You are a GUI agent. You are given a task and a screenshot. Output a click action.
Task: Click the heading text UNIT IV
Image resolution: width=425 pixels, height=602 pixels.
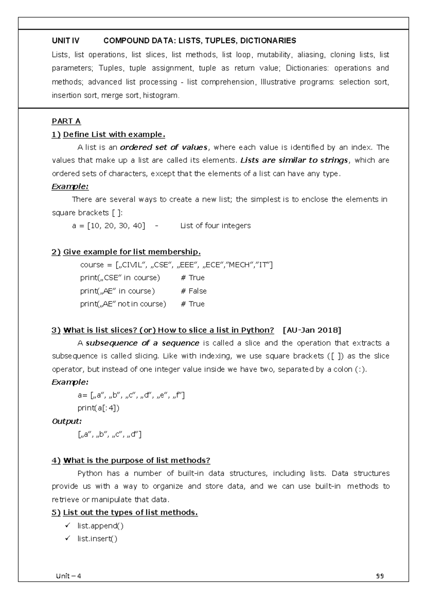point(66,41)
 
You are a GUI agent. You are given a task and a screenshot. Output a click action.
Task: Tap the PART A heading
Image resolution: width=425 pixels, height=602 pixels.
point(66,121)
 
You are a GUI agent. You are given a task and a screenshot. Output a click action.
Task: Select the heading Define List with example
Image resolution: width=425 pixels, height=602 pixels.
point(114,134)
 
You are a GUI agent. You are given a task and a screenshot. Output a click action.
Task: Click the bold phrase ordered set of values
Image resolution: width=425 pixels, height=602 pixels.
point(164,147)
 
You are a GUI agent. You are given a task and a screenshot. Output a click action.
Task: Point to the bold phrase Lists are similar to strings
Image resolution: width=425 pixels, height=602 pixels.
point(294,160)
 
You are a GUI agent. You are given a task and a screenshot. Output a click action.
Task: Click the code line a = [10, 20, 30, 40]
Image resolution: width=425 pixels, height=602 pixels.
point(108,225)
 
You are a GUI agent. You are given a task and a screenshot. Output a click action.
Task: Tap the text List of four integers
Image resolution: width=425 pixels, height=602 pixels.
point(215,225)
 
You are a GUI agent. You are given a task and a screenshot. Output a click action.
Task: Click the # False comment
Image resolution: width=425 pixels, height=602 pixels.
point(193,291)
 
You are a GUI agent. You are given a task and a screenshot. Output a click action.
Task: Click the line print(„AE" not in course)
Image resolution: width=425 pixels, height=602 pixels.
point(123,304)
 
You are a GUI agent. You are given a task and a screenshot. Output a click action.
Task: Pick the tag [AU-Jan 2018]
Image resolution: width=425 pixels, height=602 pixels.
point(312,330)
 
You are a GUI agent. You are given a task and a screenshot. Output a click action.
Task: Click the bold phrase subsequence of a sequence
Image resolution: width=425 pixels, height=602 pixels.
point(142,343)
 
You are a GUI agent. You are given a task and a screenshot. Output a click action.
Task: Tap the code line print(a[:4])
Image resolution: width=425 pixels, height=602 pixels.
point(98,408)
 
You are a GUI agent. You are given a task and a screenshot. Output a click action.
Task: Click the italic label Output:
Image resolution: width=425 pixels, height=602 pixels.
point(67,421)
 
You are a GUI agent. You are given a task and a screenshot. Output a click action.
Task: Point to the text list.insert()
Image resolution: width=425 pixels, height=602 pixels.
point(97,539)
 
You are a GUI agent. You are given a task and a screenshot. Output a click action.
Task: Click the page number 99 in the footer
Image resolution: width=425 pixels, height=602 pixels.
point(380,576)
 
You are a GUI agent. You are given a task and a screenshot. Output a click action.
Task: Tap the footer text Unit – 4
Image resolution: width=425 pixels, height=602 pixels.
point(68,576)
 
